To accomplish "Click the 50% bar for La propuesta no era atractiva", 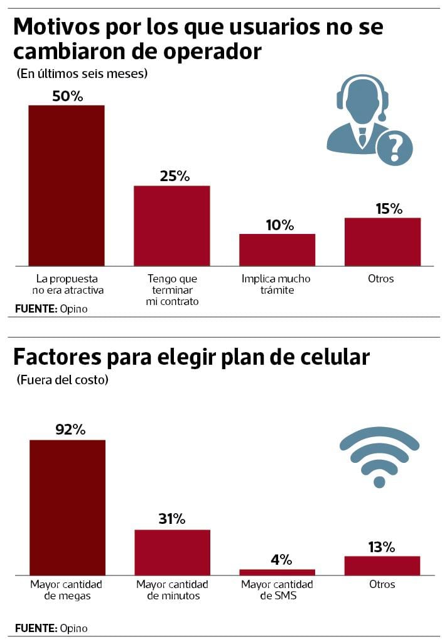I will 67,186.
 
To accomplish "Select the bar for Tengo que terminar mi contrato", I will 172,226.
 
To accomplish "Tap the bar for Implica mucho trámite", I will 277,250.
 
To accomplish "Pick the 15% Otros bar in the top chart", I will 382,241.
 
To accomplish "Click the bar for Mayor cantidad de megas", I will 68,507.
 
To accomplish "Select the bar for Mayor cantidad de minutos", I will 173,552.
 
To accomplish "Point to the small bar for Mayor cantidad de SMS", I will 277,572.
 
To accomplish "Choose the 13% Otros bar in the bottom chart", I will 382,565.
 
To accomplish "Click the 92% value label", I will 70,430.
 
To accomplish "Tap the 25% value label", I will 174,176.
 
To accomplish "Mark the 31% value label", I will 171,519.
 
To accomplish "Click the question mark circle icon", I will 394,148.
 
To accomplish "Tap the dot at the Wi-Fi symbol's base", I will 379,482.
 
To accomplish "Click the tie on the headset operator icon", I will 362,136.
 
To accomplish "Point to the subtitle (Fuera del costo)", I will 62,380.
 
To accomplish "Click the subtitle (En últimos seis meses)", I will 82,74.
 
